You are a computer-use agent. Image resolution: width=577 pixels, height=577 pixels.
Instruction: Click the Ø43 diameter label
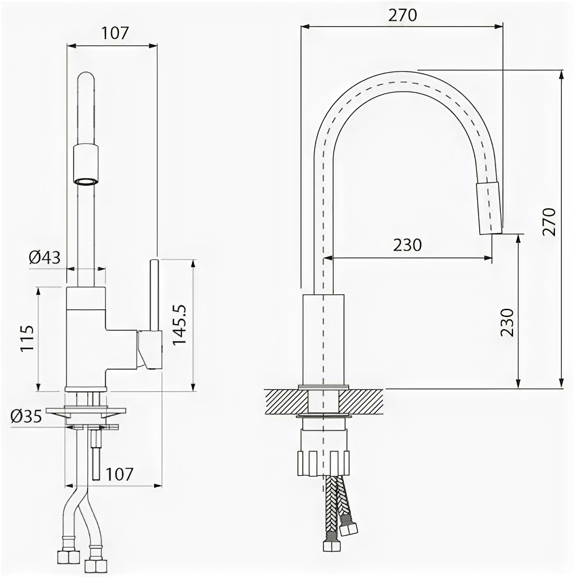[x=45, y=257]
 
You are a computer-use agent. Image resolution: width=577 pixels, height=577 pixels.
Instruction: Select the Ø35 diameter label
[x=27, y=416]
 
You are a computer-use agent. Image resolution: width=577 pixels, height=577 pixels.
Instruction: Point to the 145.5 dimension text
[x=180, y=325]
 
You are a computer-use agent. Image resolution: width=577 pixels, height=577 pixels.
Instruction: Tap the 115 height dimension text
[x=27, y=338]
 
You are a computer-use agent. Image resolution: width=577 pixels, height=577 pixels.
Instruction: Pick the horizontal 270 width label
[x=403, y=15]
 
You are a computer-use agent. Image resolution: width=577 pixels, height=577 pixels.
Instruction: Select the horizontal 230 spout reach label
[x=407, y=245]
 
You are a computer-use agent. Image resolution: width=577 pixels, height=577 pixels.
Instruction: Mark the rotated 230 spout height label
[x=507, y=322]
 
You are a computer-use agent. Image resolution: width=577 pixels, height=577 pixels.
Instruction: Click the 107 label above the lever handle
[x=115, y=33]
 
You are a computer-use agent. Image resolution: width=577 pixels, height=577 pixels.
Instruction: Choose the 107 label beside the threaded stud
[x=119, y=474]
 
